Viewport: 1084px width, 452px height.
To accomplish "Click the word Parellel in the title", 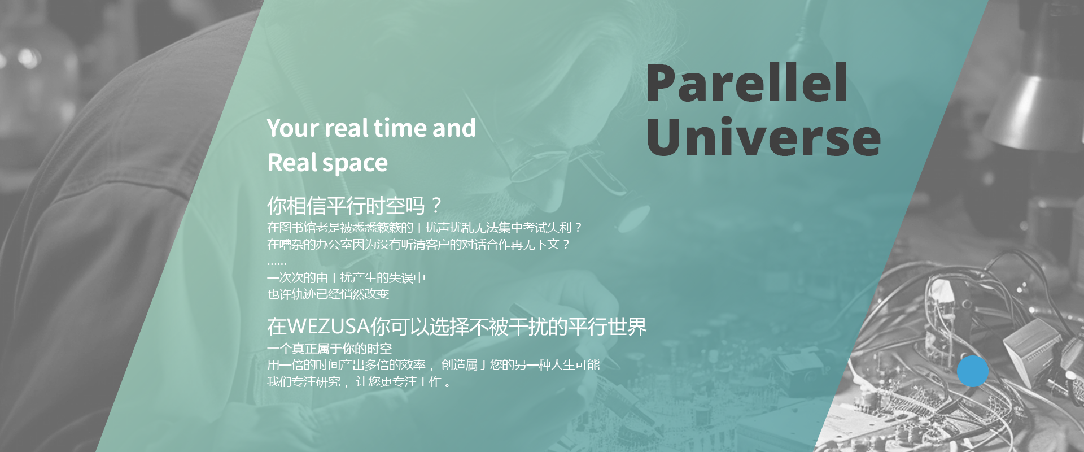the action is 746,83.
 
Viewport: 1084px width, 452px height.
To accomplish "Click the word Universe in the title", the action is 763,137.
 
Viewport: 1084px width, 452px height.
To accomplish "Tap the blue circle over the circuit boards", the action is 973,371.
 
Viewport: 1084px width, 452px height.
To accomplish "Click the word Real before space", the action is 292,163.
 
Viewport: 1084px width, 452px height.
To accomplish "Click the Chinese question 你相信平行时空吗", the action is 355,206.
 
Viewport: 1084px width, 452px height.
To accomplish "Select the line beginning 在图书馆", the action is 425,228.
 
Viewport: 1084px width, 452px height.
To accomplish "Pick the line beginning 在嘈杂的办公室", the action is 419,245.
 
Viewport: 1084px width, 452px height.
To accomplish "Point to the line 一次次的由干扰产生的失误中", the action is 346,278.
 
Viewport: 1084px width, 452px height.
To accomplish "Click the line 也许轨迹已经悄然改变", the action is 328,294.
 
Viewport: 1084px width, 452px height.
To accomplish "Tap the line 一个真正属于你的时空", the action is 329,349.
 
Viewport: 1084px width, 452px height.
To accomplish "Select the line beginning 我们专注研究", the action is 359,382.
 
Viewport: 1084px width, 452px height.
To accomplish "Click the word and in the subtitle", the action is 454,128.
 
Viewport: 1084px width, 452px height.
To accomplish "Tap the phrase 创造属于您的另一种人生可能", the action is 520,365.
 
